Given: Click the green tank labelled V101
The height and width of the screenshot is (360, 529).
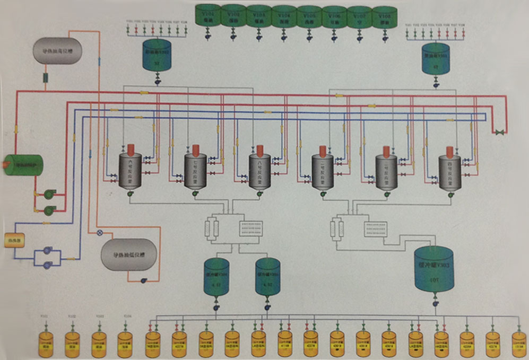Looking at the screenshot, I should tap(207, 16).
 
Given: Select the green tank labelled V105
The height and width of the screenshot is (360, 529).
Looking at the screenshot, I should tap(309, 17).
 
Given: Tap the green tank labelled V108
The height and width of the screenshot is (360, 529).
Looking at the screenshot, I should tap(385, 17).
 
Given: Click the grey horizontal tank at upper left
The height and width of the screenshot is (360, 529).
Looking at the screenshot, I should tap(58, 51).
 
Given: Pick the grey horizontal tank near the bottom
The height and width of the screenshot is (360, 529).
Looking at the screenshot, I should tap(129, 254).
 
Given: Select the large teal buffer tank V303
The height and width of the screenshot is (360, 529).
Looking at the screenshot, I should tap(433, 269).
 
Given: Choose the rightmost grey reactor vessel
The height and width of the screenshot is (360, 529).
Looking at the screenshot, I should tap(450, 173).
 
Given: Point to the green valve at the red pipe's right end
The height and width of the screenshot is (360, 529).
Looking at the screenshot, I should tap(499, 131).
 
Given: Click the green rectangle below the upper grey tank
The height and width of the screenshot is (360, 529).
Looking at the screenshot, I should tap(46, 78).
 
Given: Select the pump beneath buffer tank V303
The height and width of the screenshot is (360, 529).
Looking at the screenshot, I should tap(435, 303).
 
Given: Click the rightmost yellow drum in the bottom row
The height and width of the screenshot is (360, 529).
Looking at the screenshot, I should tap(518, 343).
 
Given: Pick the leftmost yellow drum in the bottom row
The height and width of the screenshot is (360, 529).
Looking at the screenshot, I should tap(46, 343).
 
